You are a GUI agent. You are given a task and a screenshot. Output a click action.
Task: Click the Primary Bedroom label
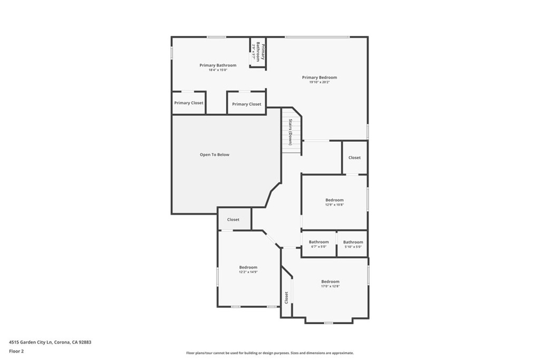tap(319, 77)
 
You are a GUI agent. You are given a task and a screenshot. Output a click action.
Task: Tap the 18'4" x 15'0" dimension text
tap(218, 70)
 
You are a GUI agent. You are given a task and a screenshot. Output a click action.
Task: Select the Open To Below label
tap(215, 155)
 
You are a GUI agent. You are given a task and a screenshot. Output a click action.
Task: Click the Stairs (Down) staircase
tap(291, 132)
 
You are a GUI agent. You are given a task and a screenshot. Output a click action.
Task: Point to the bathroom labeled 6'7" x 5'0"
tap(319, 244)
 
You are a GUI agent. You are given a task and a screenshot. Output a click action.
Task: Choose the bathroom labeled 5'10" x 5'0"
tap(353, 244)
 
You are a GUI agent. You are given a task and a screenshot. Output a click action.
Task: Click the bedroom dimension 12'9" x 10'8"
tap(334, 205)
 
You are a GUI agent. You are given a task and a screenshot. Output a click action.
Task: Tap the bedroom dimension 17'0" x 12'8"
tap(330, 286)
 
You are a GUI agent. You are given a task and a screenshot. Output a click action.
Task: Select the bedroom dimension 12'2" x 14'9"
tap(248, 272)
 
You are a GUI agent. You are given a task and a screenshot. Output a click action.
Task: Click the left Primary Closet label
tap(189, 103)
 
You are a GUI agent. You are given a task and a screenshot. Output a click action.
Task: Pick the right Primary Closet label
tap(246, 104)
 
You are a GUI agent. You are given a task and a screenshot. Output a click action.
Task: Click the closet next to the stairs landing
tap(354, 158)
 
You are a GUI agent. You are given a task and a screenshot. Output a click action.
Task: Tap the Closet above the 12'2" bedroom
tap(233, 220)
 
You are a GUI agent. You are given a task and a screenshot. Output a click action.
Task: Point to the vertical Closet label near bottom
tap(286, 298)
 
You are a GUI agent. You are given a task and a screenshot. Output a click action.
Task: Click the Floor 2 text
tap(16, 351)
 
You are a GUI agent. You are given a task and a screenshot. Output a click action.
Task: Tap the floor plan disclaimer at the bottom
tap(269, 353)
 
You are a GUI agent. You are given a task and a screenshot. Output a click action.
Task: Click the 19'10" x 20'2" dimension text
tap(319, 82)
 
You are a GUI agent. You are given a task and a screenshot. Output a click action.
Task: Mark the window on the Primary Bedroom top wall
tap(316, 37)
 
